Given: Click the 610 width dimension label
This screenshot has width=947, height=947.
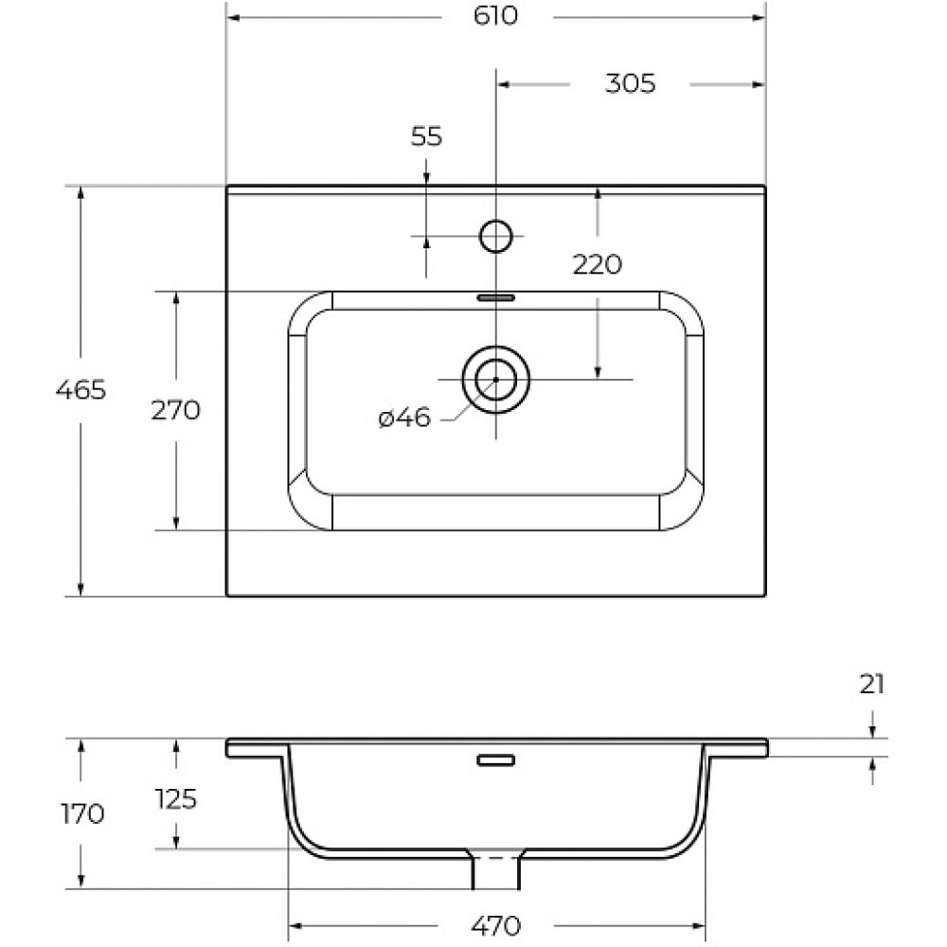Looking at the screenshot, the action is pyautogui.click(x=495, y=16).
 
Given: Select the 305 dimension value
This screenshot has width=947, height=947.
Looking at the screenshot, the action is pyautogui.click(x=630, y=83).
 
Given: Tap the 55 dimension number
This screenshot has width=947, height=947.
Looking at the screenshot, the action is pyautogui.click(x=426, y=136).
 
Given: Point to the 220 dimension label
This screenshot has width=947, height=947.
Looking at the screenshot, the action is pyautogui.click(x=597, y=264).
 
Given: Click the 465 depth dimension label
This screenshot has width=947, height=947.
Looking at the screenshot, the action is pyautogui.click(x=80, y=389).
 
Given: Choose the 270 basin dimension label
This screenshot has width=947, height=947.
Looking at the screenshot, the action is pyautogui.click(x=175, y=410).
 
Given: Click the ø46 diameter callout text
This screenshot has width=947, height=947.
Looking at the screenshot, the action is pyautogui.click(x=404, y=418).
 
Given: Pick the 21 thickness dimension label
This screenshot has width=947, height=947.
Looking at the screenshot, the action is pyautogui.click(x=871, y=685).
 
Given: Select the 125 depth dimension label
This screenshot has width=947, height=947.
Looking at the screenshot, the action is pyautogui.click(x=176, y=799).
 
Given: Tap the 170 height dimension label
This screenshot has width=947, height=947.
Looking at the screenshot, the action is pyautogui.click(x=82, y=814).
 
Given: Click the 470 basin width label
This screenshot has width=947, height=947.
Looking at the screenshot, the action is pyautogui.click(x=495, y=926).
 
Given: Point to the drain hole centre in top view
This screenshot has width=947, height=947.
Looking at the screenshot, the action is pyautogui.click(x=496, y=380).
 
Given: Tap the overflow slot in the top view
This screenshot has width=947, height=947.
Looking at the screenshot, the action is pyautogui.click(x=496, y=297).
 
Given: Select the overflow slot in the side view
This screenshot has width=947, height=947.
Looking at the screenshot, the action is pyautogui.click(x=496, y=759).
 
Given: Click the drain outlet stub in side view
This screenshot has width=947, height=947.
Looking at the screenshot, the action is pyautogui.click(x=496, y=869).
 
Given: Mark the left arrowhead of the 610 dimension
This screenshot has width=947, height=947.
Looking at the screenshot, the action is pyautogui.click(x=233, y=17).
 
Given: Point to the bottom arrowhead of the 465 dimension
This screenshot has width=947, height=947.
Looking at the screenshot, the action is pyautogui.click(x=80, y=589).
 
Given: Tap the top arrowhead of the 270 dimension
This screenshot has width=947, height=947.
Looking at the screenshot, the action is pyautogui.click(x=176, y=299).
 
